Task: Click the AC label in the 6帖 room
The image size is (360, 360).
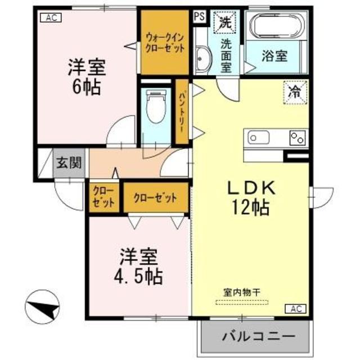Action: (x=50, y=17)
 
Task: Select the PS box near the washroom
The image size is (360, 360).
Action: (x=199, y=16)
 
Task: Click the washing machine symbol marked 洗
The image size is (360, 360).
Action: (x=225, y=24)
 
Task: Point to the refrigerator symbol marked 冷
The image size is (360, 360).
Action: (x=294, y=91)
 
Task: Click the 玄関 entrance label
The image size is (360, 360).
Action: (x=69, y=163)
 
